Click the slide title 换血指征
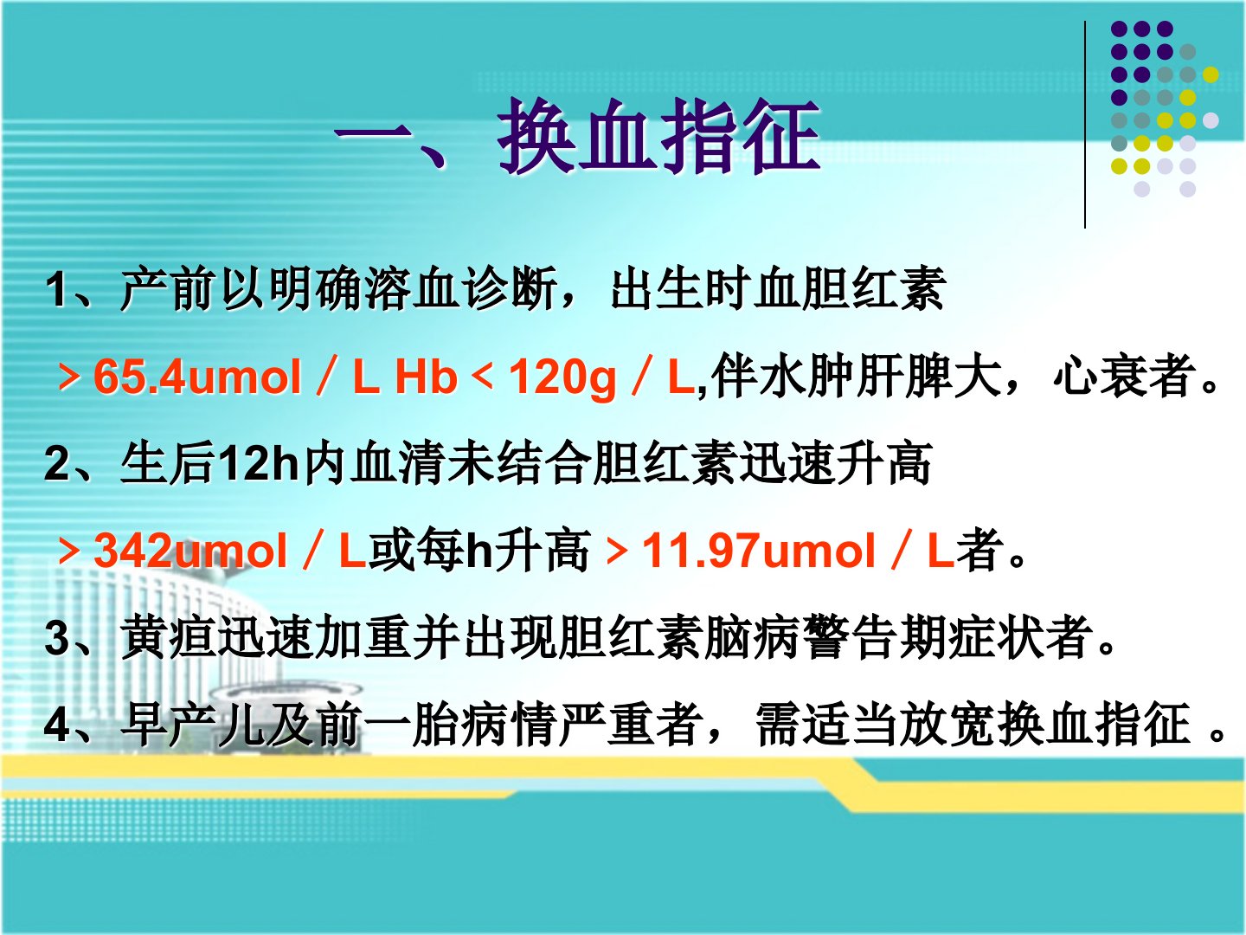[x=659, y=136]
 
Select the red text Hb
[x=426, y=377]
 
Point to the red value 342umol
[x=190, y=550]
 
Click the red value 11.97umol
[x=758, y=550]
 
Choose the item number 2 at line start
[x=57, y=463]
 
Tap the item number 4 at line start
[x=57, y=725]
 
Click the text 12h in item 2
[x=259, y=463]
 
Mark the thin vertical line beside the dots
[x=1085, y=125]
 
